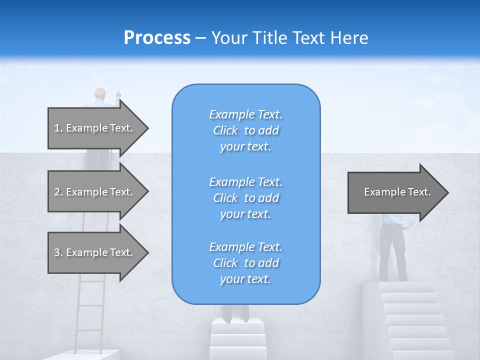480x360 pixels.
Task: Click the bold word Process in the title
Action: click(157, 38)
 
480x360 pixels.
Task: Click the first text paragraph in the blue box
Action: click(245, 130)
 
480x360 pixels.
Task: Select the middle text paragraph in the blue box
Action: click(245, 198)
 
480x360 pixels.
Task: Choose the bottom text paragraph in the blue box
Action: click(245, 263)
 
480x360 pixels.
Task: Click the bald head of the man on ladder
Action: click(100, 93)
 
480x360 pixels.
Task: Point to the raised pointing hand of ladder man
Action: click(118, 93)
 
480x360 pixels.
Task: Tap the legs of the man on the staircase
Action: click(393, 252)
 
